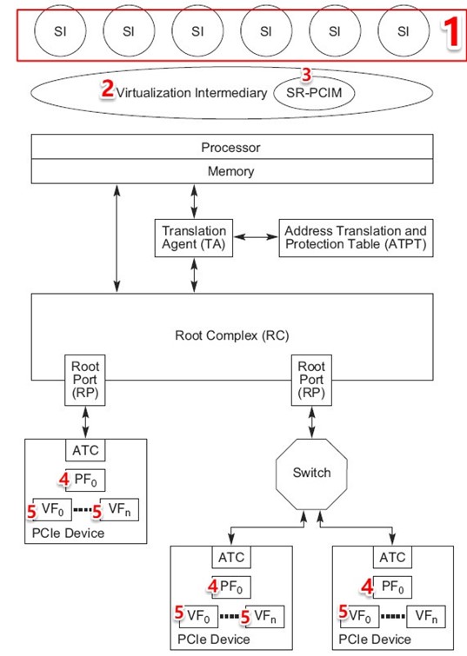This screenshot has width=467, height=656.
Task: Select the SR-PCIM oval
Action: pos(314,92)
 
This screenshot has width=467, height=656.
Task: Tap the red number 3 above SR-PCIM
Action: pos(305,74)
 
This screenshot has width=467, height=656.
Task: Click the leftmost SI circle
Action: pos(60,33)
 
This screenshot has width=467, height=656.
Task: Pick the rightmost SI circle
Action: pos(403,33)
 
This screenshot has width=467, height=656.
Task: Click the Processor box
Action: pos(230,148)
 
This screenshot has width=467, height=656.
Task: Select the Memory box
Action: pos(230,171)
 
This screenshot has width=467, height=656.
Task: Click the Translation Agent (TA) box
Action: pos(194,237)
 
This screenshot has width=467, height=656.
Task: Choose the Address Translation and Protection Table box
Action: pos(356,237)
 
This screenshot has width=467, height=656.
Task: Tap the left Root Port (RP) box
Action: pos(86,379)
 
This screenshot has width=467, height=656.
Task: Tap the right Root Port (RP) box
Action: pos(311,379)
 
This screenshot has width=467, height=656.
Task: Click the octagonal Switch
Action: pos(311,473)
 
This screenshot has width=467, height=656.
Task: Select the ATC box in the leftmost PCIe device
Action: pos(86,451)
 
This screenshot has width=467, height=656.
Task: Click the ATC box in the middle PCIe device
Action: pos(230,557)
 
